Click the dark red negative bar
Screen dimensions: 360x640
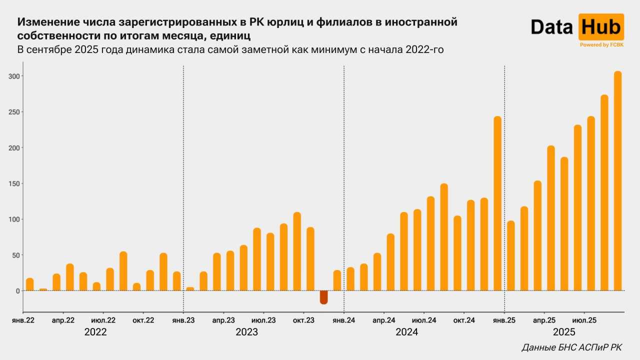click(x=323, y=297)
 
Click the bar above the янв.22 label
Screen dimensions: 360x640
click(x=30, y=284)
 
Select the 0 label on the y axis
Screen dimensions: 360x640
click(x=18, y=290)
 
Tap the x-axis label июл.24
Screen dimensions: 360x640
click(x=424, y=320)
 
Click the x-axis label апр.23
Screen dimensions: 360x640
click(x=223, y=320)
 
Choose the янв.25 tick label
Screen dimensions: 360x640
click(x=504, y=320)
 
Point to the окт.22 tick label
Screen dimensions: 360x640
click(x=143, y=320)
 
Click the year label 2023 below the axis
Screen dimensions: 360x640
click(x=246, y=332)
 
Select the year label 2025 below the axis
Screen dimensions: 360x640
click(x=564, y=332)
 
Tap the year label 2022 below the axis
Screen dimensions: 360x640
click(x=95, y=332)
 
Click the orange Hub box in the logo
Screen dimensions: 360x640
click(x=601, y=27)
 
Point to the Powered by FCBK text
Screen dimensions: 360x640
click(x=601, y=45)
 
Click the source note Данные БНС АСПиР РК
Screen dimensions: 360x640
click(x=571, y=347)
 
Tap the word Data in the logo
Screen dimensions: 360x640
click(x=551, y=27)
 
